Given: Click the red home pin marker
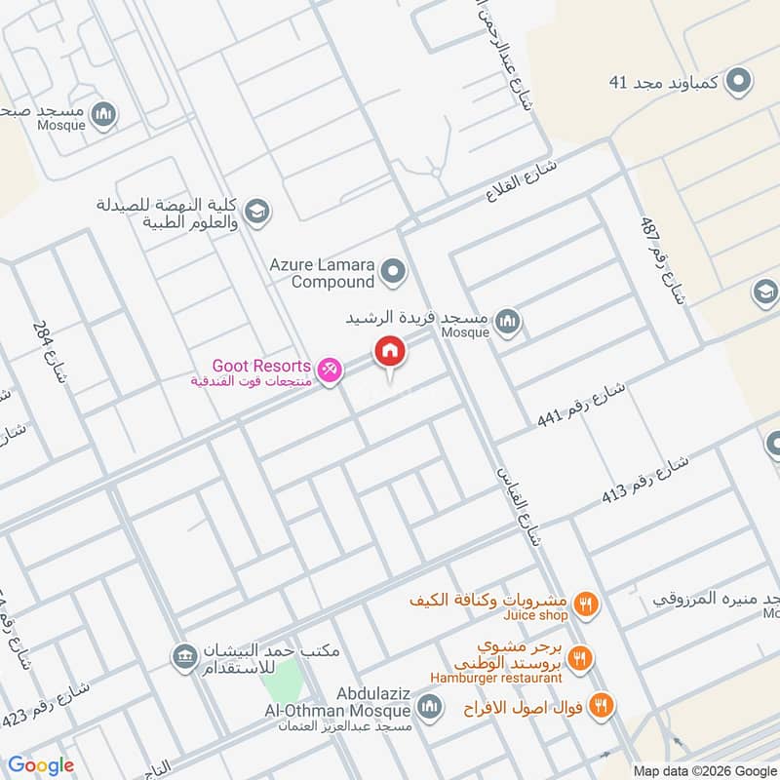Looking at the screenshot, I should click(x=390, y=351).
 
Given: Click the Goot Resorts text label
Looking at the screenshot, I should click(x=263, y=366).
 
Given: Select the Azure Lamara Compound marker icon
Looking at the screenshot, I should click(x=393, y=272).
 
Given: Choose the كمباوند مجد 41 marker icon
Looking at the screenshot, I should click(x=740, y=81).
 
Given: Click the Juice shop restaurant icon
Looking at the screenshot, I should click(x=585, y=604).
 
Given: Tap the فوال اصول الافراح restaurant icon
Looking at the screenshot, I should click(x=602, y=705).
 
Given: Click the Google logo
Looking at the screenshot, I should click(x=41, y=764).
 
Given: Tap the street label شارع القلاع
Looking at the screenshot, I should click(x=521, y=181).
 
